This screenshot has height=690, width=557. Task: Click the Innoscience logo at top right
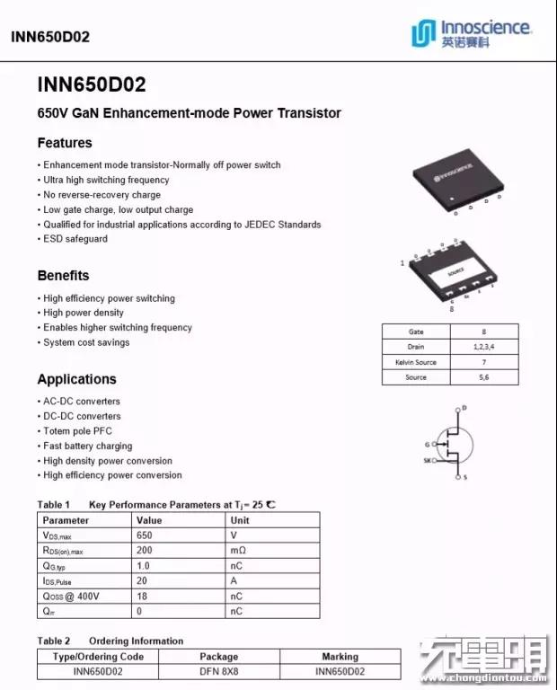click(x=470, y=32)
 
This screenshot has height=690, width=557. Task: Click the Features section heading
click(x=65, y=143)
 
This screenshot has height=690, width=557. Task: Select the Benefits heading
click(x=63, y=276)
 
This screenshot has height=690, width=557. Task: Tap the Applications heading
click(x=77, y=379)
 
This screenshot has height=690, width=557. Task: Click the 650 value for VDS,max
click(x=145, y=535)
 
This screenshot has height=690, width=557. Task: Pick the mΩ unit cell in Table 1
click(x=239, y=551)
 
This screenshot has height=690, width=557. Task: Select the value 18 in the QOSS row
click(x=142, y=597)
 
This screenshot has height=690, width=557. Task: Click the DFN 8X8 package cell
click(x=218, y=671)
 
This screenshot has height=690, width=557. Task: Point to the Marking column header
click(x=340, y=657)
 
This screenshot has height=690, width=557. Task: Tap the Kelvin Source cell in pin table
click(x=416, y=362)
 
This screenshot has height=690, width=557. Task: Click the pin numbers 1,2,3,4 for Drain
click(x=483, y=347)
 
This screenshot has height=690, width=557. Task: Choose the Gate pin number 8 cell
click(x=483, y=332)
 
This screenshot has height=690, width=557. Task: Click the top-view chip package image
click(x=461, y=179)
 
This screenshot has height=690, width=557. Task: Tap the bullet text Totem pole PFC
click(x=78, y=431)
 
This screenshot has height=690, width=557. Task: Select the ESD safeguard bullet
click(x=75, y=239)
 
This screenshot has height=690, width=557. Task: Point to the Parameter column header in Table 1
click(x=66, y=520)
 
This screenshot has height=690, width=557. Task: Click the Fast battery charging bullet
click(x=88, y=446)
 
